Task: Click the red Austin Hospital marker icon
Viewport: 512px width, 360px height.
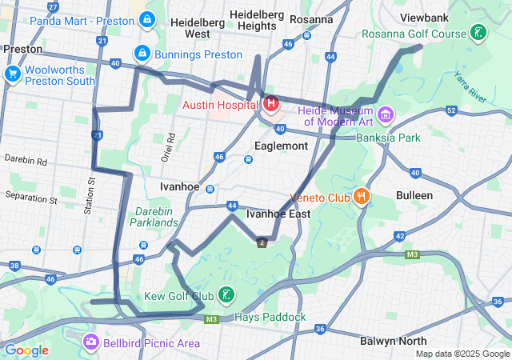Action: [x=271, y=103]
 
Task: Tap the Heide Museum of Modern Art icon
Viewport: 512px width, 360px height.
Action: [x=386, y=114]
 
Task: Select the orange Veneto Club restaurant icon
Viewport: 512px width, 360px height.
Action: [x=362, y=196]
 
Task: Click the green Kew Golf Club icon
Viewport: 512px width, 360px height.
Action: [x=227, y=297]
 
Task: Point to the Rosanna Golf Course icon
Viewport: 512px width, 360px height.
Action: [x=478, y=34]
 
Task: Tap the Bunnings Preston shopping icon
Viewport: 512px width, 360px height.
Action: [x=142, y=54]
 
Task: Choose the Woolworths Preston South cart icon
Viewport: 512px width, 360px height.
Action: [x=12, y=74]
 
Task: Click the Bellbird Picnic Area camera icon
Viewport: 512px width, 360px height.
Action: [x=91, y=343]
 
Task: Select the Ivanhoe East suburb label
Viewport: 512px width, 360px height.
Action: [x=278, y=214]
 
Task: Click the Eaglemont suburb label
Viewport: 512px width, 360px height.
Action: [x=280, y=146]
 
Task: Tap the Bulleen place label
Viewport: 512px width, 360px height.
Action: [x=414, y=195]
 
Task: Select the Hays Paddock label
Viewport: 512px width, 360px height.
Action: [x=270, y=318]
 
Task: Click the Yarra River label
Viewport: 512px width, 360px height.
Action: [x=471, y=86]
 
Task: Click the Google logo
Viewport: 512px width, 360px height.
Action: [x=27, y=350]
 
